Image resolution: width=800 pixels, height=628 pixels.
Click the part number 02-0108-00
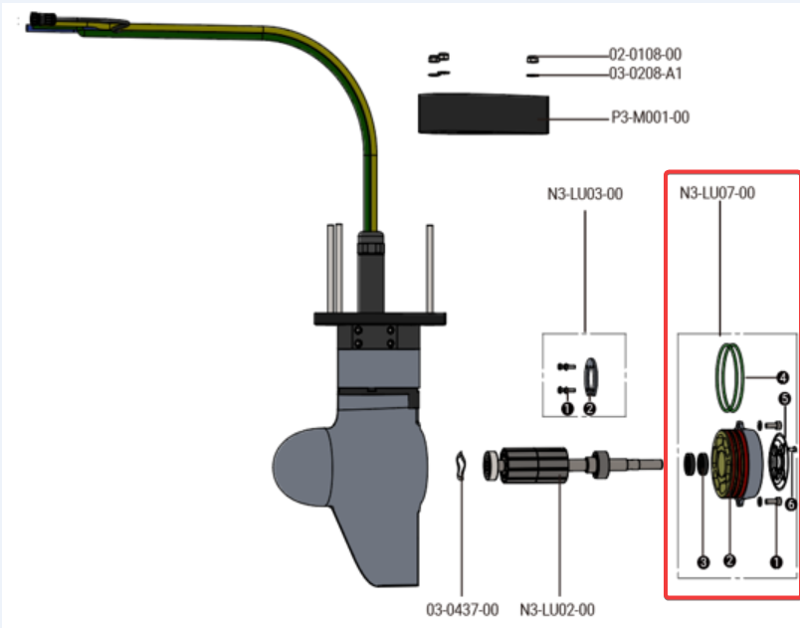[646, 55]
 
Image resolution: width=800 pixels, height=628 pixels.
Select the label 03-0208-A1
[646, 74]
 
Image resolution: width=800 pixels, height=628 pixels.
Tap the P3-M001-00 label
[650, 117]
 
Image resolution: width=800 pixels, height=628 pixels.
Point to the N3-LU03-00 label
[585, 193]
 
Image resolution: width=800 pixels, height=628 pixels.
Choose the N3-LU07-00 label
[716, 193]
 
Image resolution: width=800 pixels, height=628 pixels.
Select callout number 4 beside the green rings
[783, 378]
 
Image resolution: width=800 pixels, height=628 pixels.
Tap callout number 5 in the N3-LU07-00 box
[784, 398]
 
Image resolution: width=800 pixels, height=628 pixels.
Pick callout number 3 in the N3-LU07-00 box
[703, 562]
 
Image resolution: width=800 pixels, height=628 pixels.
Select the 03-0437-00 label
[463, 608]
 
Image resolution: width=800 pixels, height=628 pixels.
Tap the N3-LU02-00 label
[557, 608]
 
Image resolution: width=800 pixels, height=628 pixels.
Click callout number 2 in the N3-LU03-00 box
[590, 407]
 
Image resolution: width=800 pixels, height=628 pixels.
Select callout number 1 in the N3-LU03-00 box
[566, 407]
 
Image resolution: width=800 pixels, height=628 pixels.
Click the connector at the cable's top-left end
[43, 20]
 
